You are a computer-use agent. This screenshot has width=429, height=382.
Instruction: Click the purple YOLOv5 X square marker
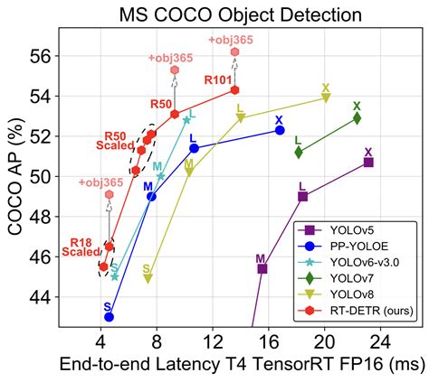(x=368, y=163)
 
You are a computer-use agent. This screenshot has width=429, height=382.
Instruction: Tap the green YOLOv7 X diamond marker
(x=357, y=117)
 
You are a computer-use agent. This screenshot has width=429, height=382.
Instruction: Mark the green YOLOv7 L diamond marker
(x=299, y=152)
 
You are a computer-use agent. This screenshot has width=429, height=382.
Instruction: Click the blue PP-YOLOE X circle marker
(x=280, y=130)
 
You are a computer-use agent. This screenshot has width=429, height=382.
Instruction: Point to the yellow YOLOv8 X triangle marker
(x=326, y=98)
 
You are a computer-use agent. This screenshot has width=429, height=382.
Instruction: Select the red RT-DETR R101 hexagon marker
(x=235, y=89)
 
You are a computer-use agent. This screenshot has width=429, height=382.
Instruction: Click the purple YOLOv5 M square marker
(x=262, y=268)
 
